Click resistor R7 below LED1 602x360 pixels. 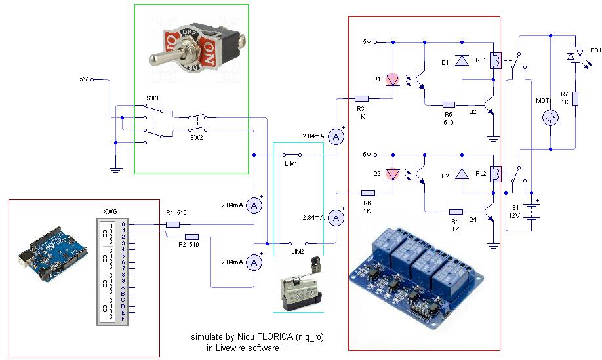575,98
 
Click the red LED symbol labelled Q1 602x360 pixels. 392,79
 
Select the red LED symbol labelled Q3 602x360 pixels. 392,174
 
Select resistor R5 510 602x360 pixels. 449,104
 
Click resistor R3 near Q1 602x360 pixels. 361,98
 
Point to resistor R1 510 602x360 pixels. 172,224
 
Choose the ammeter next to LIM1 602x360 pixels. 336,136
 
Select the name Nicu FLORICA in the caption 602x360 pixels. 262,337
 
